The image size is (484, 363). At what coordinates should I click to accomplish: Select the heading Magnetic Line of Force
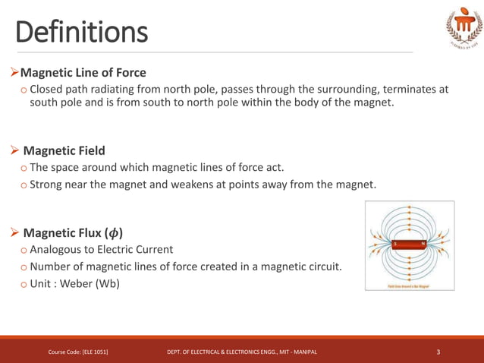coord(83,73)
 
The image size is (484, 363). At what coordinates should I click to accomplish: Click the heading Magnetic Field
coord(64,150)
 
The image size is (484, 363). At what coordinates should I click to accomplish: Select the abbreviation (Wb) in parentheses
coord(110,283)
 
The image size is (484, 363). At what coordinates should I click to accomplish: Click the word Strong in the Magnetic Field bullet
coord(49,184)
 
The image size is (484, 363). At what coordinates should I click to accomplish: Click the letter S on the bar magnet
coord(395,244)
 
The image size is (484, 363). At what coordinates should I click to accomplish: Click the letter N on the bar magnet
coord(423,244)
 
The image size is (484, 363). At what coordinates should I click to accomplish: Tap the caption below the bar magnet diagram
coord(409,286)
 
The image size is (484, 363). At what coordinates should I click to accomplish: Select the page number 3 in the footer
coord(438,352)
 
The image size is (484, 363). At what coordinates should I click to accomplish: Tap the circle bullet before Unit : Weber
coord(24,284)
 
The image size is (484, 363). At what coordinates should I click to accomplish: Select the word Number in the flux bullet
coord(54,267)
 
